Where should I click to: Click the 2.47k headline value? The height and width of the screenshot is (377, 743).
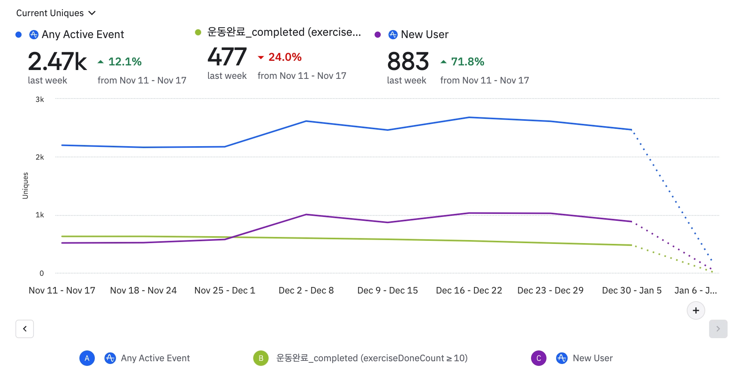point(57,62)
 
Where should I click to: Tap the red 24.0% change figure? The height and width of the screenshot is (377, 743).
point(284,57)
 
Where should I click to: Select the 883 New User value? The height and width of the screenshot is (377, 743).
point(408,62)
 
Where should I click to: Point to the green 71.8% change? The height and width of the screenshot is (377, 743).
point(467,62)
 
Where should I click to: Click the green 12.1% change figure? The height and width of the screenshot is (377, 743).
point(124,62)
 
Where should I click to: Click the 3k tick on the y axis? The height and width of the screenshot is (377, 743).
point(40,100)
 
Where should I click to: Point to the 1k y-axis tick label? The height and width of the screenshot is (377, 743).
point(40,215)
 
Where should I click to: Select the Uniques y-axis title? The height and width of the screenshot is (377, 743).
point(25,185)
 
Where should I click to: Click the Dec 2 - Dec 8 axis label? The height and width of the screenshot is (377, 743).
point(306,290)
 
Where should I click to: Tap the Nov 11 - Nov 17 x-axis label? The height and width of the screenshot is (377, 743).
point(62,290)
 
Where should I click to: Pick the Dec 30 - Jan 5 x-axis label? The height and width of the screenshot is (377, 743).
point(632,290)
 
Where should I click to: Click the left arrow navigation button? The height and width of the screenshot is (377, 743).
point(25,329)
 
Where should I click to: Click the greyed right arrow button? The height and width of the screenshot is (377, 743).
point(718,329)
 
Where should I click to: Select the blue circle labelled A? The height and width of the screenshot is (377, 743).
point(87,358)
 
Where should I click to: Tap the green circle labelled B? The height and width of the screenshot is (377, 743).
point(261,358)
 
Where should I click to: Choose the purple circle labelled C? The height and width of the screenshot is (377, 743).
point(539,358)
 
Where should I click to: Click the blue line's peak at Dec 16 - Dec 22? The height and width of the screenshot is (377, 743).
point(469,117)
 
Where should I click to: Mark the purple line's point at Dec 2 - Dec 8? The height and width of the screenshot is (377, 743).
point(306,214)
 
